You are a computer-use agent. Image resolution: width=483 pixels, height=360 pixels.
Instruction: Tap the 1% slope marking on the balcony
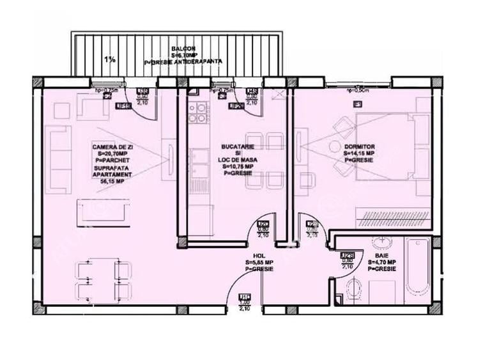click(110, 59)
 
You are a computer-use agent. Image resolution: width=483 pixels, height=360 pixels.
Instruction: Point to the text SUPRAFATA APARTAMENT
click(112, 170)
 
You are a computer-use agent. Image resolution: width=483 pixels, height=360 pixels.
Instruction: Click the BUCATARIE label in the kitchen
click(238, 148)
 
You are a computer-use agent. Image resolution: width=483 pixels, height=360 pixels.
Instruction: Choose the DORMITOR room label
click(358, 147)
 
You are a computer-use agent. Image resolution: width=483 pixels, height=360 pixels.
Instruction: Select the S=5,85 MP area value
click(259, 263)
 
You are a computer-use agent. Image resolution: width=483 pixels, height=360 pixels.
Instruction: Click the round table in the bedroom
click(335, 146)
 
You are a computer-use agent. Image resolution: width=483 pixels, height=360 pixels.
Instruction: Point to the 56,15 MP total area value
click(111, 181)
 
